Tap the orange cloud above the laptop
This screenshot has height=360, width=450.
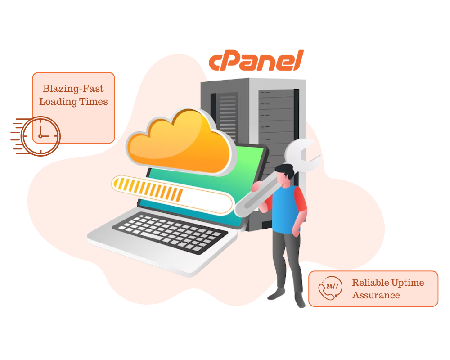(x=180, y=144)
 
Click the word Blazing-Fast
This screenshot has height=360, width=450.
(x=73, y=89)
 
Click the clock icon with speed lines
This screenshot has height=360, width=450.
(x=40, y=135)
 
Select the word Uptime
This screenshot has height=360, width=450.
(x=408, y=283)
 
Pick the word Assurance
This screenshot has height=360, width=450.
(x=376, y=295)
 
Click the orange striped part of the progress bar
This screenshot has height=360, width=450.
(x=148, y=189)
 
